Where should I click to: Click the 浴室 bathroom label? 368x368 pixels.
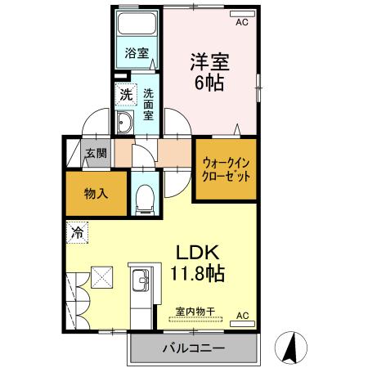[136, 55]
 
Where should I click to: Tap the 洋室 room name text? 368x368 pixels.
[209, 61]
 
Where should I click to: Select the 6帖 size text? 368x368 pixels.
[209, 82]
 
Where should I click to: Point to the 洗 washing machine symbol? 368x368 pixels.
[126, 94]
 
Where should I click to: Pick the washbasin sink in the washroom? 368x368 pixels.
[127, 123]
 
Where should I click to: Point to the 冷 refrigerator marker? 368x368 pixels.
[75, 231]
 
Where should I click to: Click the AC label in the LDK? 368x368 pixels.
[242, 315]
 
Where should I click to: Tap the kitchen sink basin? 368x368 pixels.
[140, 283]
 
